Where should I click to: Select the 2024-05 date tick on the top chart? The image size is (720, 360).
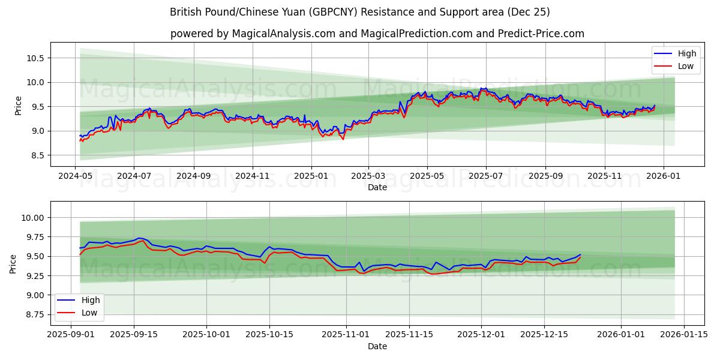pyautogui.click(x=76, y=177)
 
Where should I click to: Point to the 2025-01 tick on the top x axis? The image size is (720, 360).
pyautogui.click(x=311, y=177)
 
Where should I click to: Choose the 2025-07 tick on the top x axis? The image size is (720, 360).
pyautogui.click(x=485, y=177)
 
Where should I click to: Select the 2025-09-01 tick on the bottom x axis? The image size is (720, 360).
pyautogui.click(x=71, y=334)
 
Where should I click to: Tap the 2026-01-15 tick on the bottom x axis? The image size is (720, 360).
pyautogui.click(x=683, y=334)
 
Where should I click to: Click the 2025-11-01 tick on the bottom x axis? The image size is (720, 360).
pyautogui.click(x=346, y=334)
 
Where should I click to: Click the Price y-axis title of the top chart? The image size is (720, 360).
pyautogui.click(x=19, y=106)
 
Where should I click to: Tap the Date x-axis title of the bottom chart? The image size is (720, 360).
pyautogui.click(x=377, y=346)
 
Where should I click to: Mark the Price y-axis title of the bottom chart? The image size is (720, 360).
pyautogui.click(x=13, y=264)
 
